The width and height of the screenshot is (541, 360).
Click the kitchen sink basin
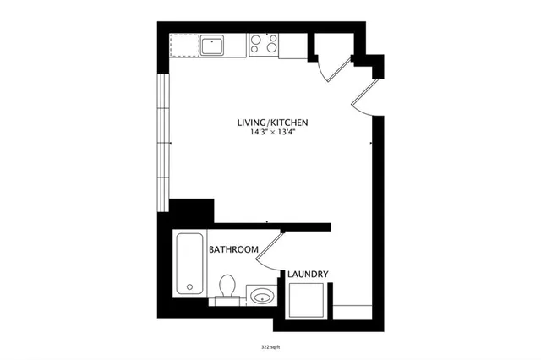[210, 45]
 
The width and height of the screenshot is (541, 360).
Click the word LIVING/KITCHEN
[272, 123]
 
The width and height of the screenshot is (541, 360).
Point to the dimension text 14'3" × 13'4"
[272, 133]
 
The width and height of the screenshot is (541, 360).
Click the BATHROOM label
[233, 250]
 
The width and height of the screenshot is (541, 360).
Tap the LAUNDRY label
[308, 274]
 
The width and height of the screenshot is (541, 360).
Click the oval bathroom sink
[262, 296]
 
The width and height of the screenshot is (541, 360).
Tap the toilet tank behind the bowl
[226, 299]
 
